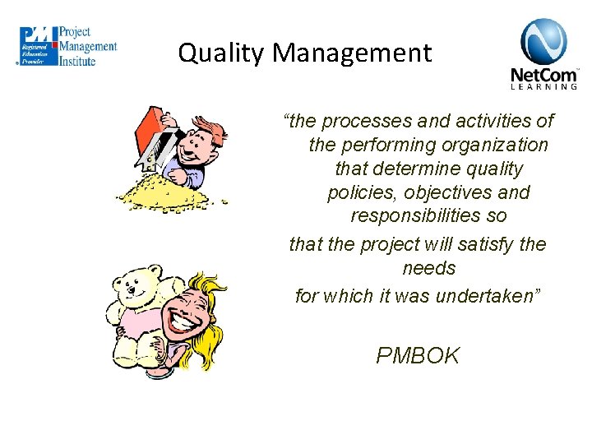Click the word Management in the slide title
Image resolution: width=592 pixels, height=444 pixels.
point(352,53)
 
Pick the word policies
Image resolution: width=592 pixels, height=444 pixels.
point(357,193)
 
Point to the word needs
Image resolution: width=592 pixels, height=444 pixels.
point(429,269)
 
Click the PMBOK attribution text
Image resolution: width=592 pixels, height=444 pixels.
point(418,355)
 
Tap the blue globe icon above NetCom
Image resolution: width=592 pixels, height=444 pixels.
point(543,42)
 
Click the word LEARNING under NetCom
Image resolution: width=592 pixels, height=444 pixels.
point(544,86)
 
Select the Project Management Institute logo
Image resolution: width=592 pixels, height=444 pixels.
point(68,46)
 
